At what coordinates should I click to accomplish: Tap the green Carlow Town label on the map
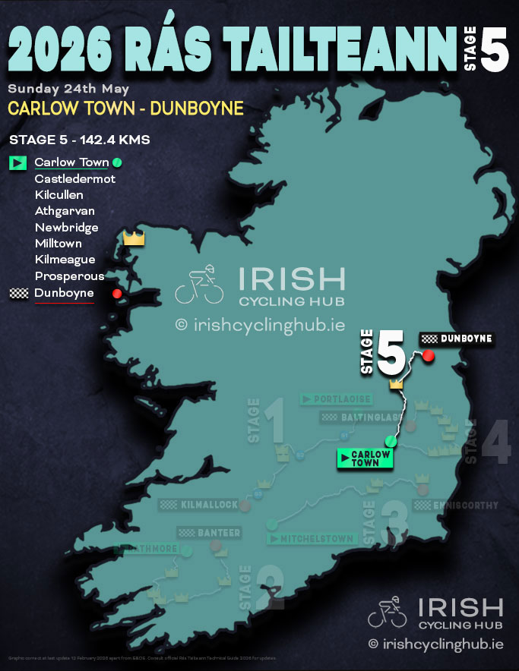tap(365, 458)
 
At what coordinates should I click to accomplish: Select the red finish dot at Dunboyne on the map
tap(428, 356)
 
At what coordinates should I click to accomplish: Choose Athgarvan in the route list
tap(65, 211)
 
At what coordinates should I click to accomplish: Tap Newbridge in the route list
tap(67, 228)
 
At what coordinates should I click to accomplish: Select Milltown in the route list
tap(59, 244)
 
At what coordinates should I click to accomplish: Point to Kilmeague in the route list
tap(65, 260)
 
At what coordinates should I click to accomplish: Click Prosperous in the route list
tap(70, 276)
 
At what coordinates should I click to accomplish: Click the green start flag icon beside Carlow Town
tap(17, 162)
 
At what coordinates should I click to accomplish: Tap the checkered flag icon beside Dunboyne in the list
tap(17, 293)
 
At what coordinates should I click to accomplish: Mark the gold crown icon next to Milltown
tap(134, 238)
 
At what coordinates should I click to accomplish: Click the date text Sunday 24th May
tap(68, 89)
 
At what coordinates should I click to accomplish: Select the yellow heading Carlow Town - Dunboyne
tap(125, 108)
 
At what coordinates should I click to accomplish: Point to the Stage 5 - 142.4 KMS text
tap(79, 140)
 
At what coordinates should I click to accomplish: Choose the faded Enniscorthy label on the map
tap(456, 505)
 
